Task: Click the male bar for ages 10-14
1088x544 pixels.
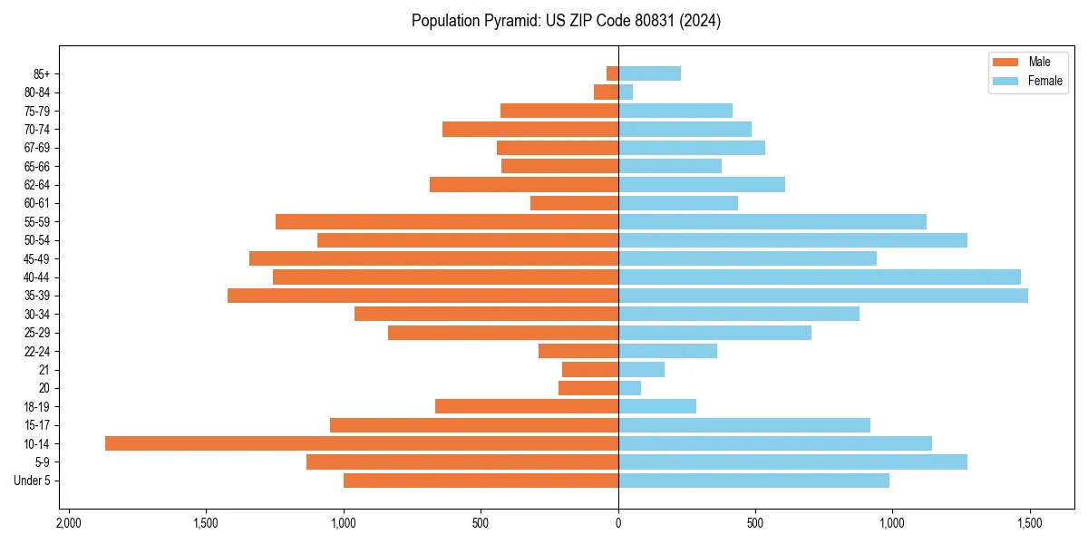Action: [362, 443]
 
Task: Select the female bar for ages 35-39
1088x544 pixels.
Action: [823, 296]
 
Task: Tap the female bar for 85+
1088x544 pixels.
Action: [649, 73]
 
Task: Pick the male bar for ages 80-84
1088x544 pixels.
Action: [607, 92]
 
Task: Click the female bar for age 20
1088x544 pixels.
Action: [629, 388]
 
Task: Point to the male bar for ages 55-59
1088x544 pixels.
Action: [447, 221]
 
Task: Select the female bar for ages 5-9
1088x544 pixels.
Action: [792, 461]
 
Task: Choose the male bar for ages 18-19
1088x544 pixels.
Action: [527, 406]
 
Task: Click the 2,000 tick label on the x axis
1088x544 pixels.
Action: [68, 524]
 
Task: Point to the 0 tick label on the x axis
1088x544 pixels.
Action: [618, 524]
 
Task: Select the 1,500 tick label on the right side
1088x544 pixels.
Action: [1029, 524]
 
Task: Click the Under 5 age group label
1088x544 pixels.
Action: [32, 481]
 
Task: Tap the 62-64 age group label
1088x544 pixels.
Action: [37, 185]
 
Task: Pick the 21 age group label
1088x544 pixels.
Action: [44, 370]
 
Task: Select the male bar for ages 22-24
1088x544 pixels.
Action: [578, 351]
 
